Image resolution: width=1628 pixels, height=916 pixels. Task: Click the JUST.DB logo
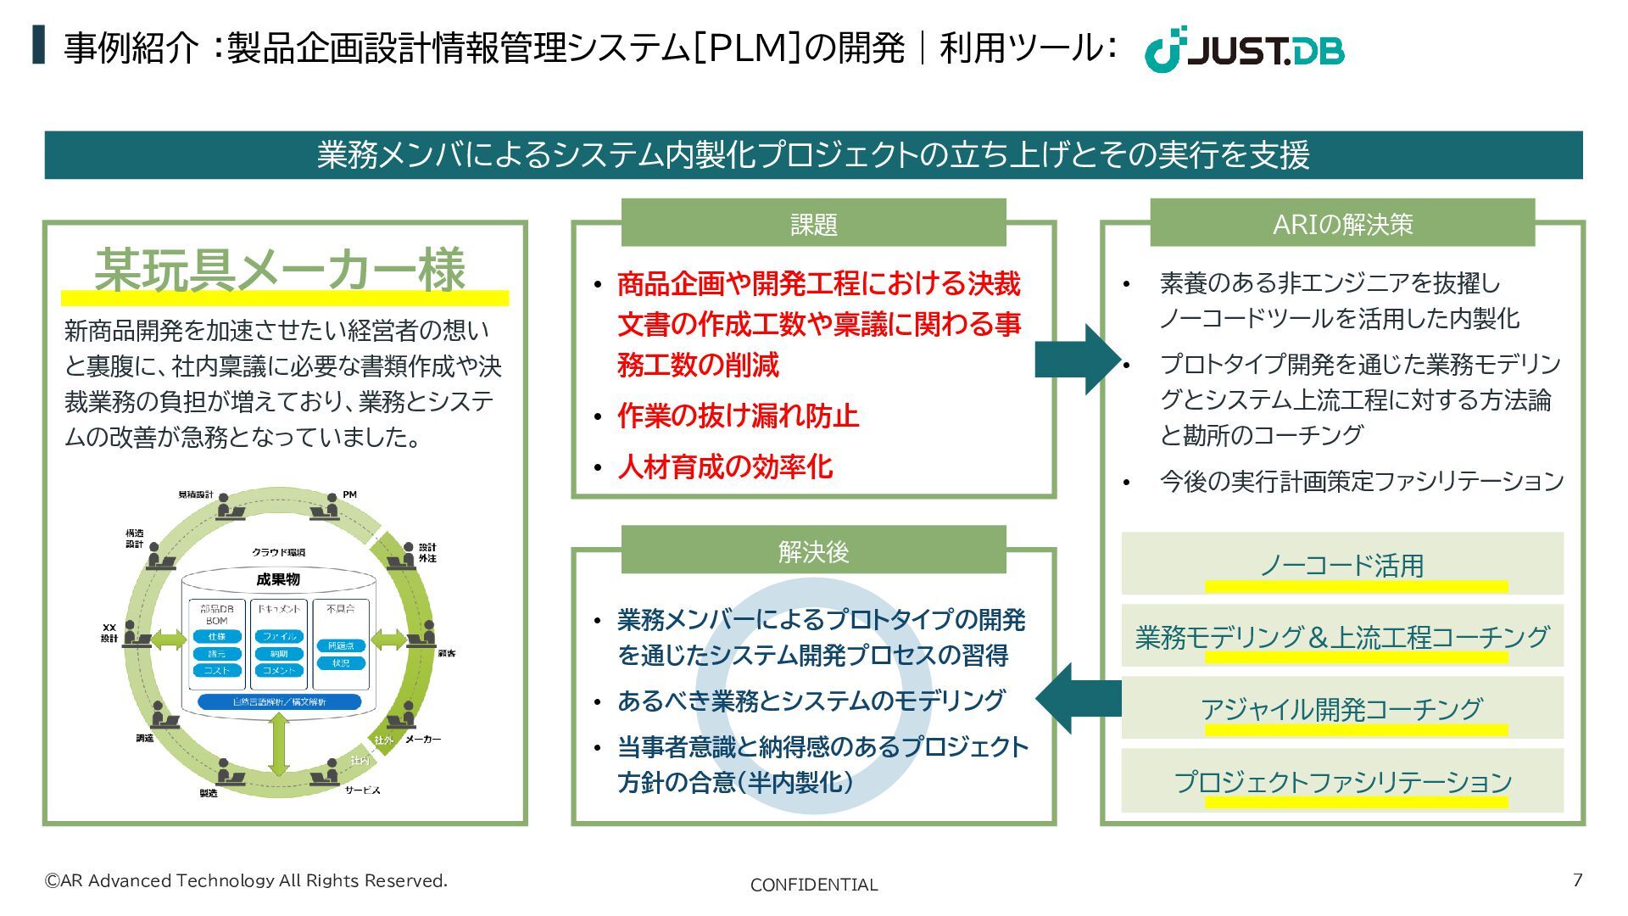coord(1244,50)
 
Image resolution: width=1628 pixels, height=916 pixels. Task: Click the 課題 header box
coord(813,224)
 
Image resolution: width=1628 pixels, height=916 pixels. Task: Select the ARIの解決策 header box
coord(1342,224)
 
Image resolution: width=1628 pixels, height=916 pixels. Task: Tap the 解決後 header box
coord(813,551)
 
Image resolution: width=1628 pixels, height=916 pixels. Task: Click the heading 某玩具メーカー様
coord(280,271)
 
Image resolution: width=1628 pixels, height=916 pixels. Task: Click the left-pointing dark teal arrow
coord(1077,698)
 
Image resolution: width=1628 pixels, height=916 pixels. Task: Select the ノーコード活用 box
coord(1341,564)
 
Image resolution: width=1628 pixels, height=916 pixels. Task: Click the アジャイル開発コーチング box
coord(1341,708)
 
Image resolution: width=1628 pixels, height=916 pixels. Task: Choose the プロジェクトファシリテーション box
coord(1341,781)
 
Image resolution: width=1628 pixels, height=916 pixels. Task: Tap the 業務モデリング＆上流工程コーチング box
coord(1341,636)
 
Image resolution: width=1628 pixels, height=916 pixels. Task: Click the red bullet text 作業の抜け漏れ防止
coord(738,416)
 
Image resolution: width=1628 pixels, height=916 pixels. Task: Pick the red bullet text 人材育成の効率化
coord(725,466)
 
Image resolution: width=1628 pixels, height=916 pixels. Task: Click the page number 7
coord(1577,880)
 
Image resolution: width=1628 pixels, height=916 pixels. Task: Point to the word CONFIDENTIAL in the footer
coord(814,885)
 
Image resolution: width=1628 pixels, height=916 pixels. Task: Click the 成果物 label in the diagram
coord(278,580)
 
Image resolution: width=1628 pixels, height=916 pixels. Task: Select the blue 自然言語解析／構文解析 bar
coord(279,702)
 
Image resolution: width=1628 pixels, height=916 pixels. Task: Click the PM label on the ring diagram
coord(349,494)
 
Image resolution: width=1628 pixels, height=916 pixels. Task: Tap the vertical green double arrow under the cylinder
coord(279,744)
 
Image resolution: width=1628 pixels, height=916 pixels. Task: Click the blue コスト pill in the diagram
coord(217,671)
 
